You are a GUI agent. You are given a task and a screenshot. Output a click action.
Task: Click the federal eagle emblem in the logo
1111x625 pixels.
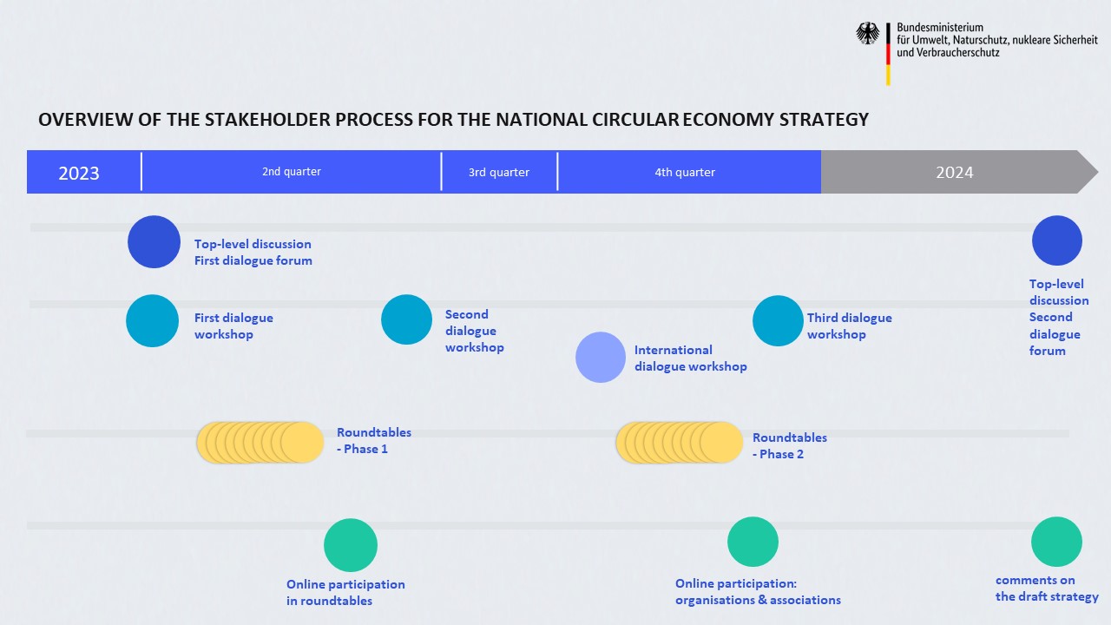click(867, 33)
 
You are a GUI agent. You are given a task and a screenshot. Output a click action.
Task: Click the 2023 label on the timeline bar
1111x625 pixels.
click(79, 173)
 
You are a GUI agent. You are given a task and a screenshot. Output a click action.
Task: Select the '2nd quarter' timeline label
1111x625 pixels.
click(292, 172)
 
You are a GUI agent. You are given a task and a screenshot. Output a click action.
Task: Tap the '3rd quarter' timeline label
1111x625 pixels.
click(499, 172)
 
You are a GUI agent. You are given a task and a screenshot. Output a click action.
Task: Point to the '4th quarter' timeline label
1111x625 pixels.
click(685, 172)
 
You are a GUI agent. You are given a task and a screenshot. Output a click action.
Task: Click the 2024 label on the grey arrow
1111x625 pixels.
click(954, 172)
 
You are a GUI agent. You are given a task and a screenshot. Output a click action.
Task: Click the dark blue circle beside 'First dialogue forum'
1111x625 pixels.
click(154, 241)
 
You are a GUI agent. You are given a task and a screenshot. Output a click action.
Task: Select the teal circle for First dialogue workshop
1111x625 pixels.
click(152, 320)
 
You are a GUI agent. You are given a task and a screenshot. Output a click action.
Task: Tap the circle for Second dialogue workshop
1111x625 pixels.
click(407, 319)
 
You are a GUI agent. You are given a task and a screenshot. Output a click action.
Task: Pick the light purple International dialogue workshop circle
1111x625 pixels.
click(601, 357)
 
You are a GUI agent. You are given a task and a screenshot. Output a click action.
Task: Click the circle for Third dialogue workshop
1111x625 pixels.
click(778, 320)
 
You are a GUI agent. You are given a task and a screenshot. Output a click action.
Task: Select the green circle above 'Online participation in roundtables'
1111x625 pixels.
click(351, 545)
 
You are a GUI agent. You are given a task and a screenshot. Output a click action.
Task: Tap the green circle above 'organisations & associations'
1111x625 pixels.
click(753, 542)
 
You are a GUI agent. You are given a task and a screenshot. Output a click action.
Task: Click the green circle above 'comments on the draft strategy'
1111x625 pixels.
click(1056, 542)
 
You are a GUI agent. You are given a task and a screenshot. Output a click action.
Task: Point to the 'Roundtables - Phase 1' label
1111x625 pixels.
click(374, 440)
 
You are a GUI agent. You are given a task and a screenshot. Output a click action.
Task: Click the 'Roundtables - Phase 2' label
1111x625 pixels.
click(790, 445)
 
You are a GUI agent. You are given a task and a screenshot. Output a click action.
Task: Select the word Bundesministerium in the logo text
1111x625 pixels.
click(940, 27)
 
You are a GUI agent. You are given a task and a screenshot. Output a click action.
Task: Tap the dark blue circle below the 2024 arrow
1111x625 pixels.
click(1057, 240)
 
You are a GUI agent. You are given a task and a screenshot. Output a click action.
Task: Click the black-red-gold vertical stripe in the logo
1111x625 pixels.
click(888, 54)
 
